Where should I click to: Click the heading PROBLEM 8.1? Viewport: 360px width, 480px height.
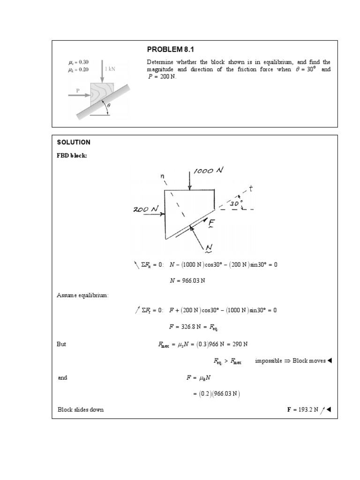click(x=171, y=49)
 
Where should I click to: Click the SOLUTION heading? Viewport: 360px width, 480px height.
click(x=74, y=142)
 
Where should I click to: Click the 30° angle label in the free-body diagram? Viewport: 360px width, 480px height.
click(x=236, y=203)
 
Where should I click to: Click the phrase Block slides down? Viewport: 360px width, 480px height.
click(x=81, y=409)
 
